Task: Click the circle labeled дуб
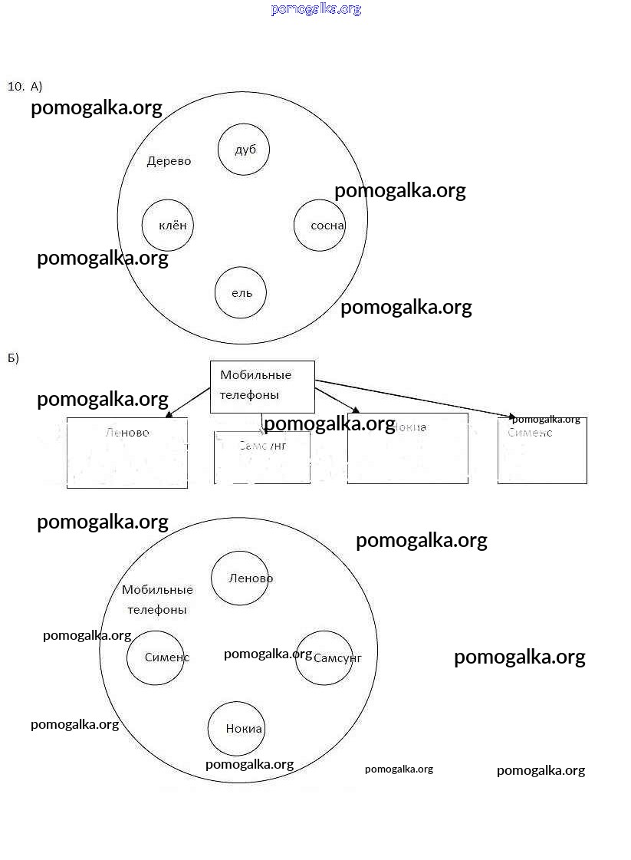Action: click(x=244, y=150)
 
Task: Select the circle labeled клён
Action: click(x=167, y=226)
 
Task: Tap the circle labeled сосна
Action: click(x=320, y=226)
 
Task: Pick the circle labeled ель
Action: click(x=241, y=293)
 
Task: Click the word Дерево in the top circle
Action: click(x=169, y=161)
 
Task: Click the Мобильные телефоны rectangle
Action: click(x=262, y=386)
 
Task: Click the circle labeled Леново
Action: click(x=240, y=578)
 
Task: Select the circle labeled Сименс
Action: click(x=156, y=657)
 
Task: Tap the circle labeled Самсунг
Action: click(x=324, y=657)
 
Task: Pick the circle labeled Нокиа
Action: click(x=236, y=728)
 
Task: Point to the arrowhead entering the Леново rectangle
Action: click(x=169, y=415)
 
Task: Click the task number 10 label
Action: click(x=15, y=86)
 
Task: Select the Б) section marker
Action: click(x=13, y=358)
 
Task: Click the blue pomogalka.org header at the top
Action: click(x=315, y=9)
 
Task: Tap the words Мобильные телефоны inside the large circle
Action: click(x=157, y=599)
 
